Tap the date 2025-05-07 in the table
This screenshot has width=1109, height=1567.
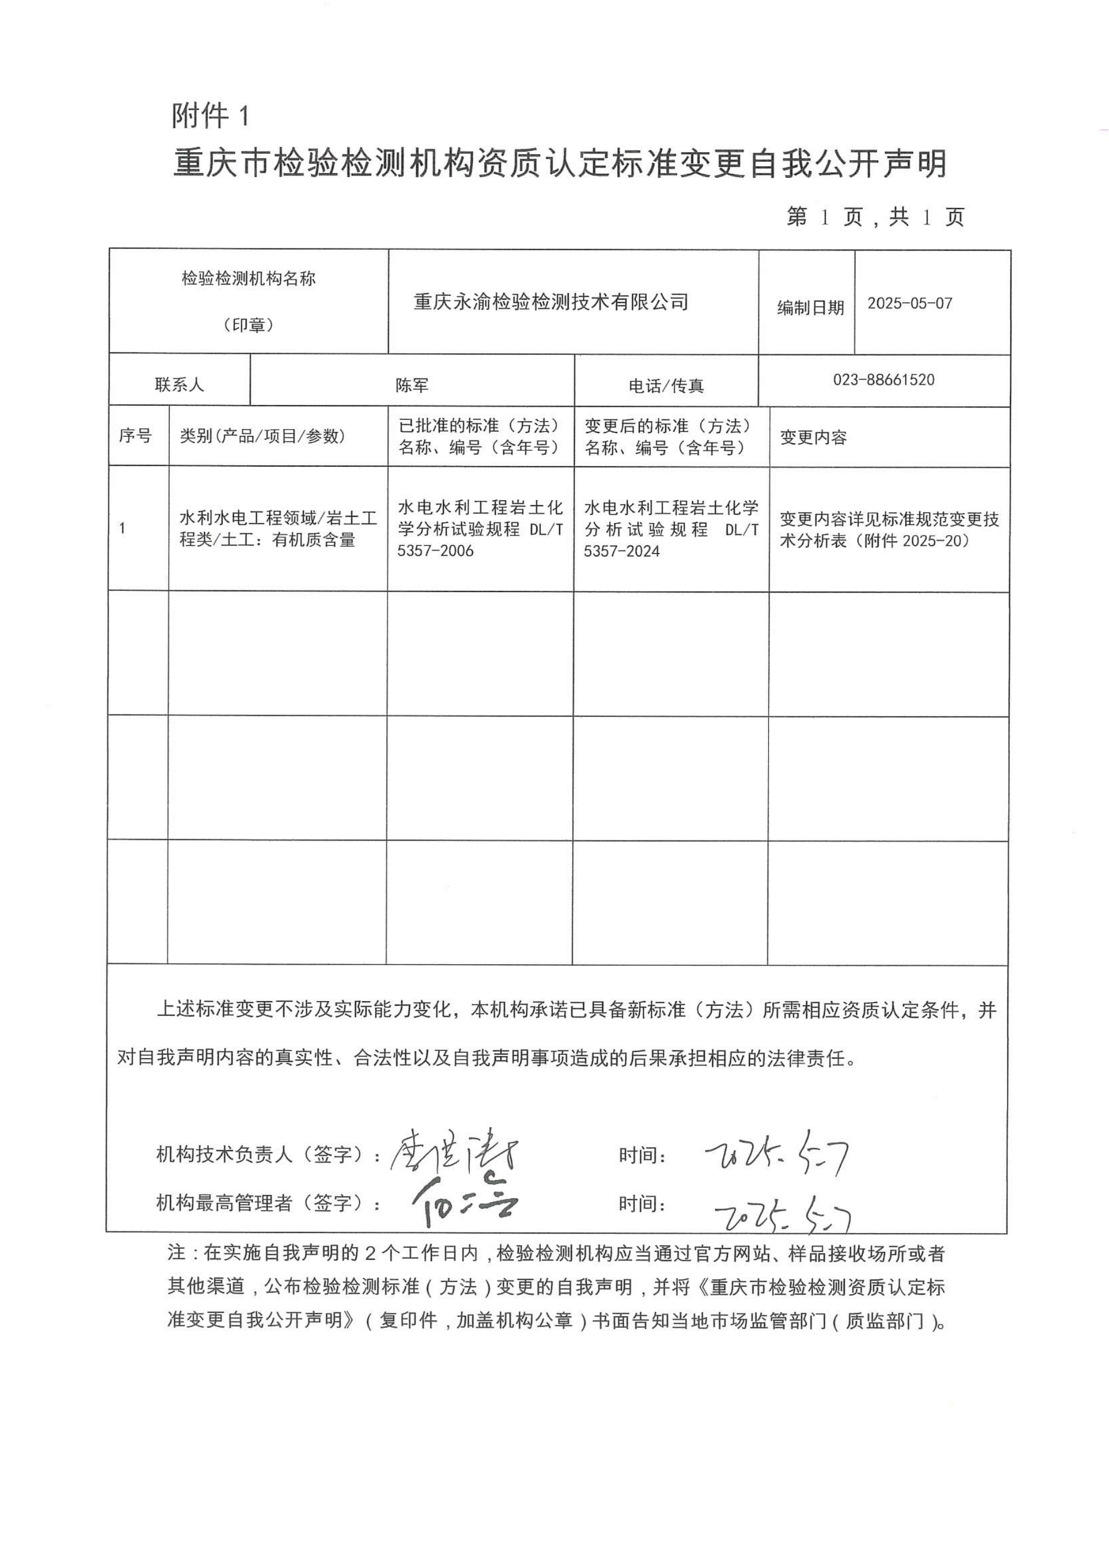click(x=910, y=303)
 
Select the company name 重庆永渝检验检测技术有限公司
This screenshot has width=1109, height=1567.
click(x=551, y=302)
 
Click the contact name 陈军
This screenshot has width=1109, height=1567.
click(x=412, y=386)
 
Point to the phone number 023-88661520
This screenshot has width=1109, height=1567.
click(x=884, y=379)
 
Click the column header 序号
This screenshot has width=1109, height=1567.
click(x=135, y=435)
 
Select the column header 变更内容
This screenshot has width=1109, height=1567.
click(x=813, y=438)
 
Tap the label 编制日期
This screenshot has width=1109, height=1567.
click(x=810, y=308)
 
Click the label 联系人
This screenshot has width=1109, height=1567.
click(x=179, y=385)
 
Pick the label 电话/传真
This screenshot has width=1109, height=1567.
click(x=666, y=386)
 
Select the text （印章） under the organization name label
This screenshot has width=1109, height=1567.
click(x=248, y=325)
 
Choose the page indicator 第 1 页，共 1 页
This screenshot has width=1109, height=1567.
click(x=875, y=217)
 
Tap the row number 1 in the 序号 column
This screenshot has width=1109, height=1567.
click(x=122, y=528)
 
